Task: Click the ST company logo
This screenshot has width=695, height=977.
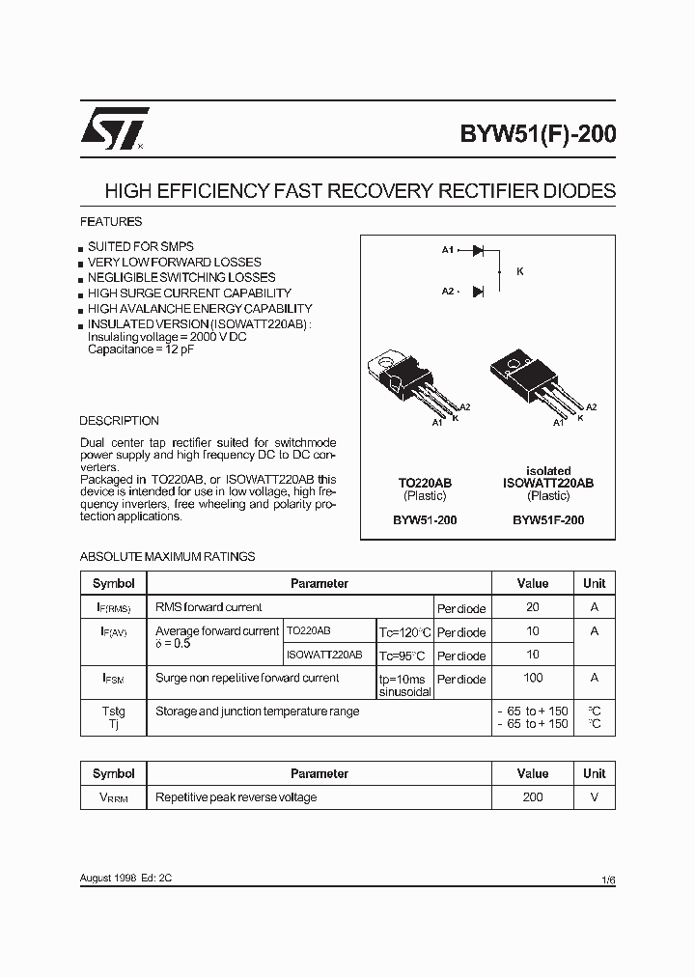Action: click(114, 127)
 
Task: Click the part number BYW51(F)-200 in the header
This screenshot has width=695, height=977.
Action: click(542, 134)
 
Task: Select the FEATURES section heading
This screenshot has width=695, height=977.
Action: click(110, 221)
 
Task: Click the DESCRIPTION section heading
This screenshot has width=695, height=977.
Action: click(119, 421)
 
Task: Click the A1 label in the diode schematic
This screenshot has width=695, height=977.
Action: click(448, 250)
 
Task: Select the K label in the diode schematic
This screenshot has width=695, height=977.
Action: click(520, 271)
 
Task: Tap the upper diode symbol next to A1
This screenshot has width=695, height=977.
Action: click(477, 250)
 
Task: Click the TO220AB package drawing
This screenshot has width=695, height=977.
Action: click(409, 383)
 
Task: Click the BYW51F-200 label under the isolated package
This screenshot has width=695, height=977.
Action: click(548, 519)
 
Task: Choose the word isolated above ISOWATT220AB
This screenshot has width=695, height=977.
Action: click(548, 471)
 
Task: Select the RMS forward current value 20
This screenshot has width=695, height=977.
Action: click(532, 607)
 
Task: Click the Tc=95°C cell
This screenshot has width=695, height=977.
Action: click(403, 656)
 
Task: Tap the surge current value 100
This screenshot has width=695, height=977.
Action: click(532, 679)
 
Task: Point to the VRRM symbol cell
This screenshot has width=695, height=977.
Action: click(114, 797)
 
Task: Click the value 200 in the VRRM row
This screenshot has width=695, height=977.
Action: click(532, 796)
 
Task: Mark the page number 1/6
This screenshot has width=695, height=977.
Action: click(607, 880)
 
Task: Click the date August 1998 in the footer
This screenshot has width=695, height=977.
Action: click(106, 879)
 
